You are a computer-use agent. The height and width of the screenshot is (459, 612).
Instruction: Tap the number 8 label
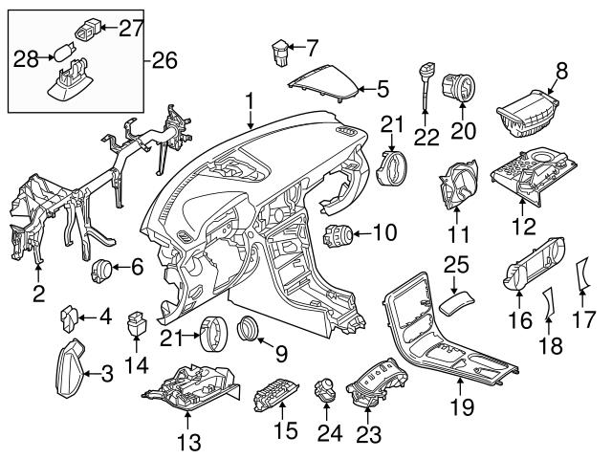tap(561, 70)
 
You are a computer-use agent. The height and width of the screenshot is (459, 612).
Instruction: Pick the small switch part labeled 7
tap(280, 49)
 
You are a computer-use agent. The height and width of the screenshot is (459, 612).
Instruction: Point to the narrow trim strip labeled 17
tap(583, 277)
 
